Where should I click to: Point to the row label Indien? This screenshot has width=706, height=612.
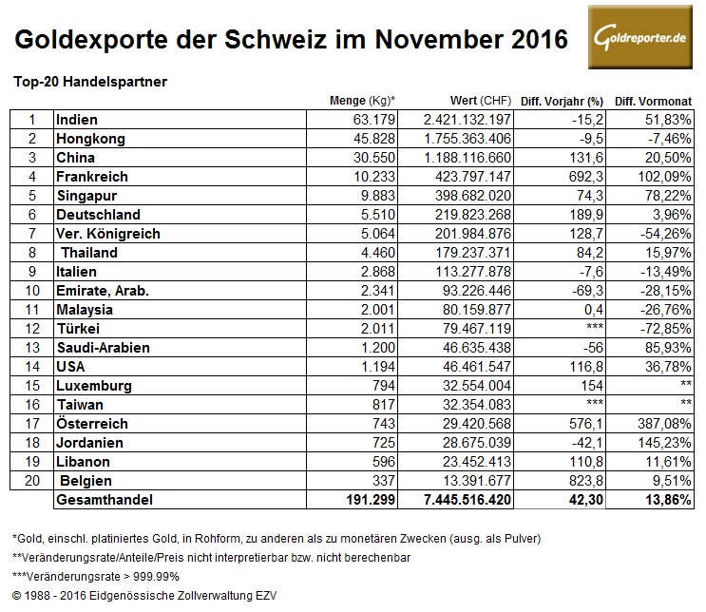tap(77, 120)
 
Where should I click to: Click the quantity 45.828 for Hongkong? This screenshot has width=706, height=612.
tap(375, 139)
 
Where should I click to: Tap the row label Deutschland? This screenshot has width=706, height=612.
tap(98, 215)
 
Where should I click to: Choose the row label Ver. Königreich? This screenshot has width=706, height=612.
tap(107, 234)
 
